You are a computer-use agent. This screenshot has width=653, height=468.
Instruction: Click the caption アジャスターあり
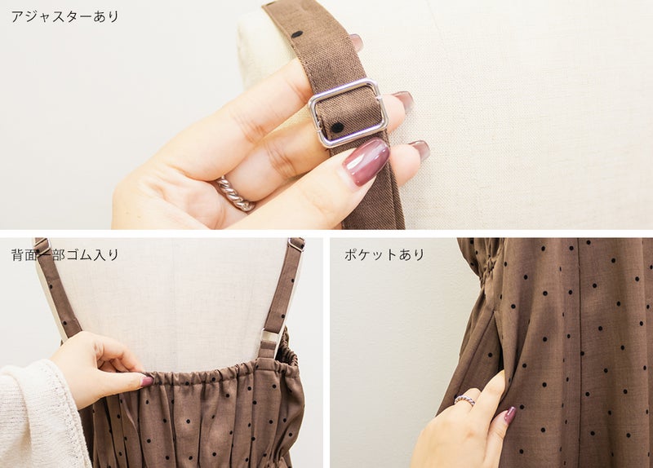click(x=65, y=16)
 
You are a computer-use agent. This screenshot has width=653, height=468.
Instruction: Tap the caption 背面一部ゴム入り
click(x=65, y=254)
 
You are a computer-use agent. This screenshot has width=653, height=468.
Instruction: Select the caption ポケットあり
click(x=384, y=254)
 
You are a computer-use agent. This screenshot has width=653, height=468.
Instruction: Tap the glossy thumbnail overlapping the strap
click(x=366, y=161)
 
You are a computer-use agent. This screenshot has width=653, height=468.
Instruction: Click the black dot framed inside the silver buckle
click(x=337, y=127)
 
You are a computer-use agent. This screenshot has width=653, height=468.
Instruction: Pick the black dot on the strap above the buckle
click(x=297, y=34)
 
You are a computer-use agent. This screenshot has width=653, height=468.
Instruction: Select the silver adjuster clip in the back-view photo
click(x=271, y=342)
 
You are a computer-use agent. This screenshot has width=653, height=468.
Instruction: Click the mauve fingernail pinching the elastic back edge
click(x=147, y=381)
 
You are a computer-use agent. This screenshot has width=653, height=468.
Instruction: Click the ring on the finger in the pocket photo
click(x=464, y=400)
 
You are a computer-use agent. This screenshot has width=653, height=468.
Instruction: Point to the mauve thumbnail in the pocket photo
click(x=509, y=415)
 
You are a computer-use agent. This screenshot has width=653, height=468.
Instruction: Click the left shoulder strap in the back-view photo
click(x=58, y=288)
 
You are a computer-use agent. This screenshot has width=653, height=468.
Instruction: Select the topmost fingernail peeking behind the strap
click(x=356, y=42)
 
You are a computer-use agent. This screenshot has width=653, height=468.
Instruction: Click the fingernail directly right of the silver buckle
click(x=402, y=101)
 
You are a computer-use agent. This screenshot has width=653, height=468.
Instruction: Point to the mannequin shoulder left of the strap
click(x=267, y=50)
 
